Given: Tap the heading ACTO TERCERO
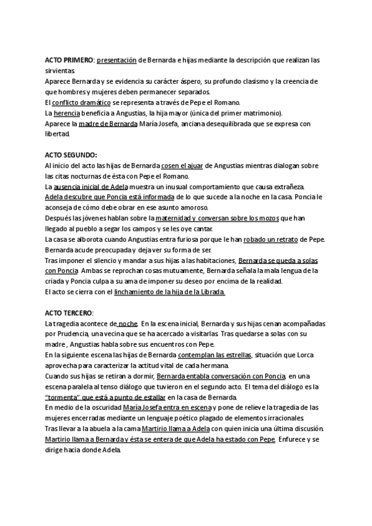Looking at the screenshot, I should click(69, 314).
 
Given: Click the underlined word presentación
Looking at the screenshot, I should click(116, 60).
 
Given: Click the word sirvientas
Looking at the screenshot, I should click(60, 71).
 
